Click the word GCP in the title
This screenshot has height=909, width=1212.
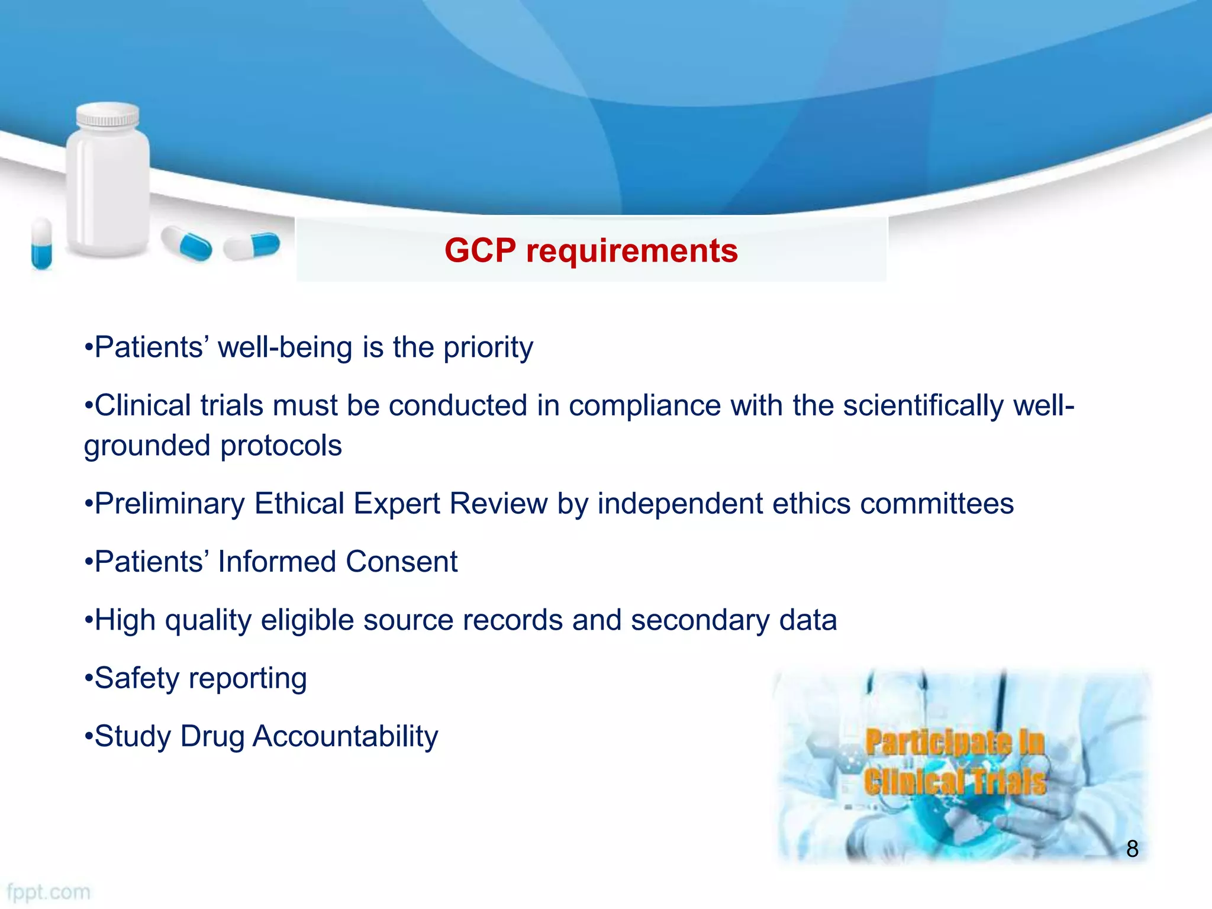point(480,250)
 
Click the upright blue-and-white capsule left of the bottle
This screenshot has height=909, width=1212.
point(41,243)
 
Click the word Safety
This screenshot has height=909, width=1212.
point(137,679)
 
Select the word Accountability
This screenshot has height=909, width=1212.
point(345,737)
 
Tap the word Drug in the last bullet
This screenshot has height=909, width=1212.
point(212,737)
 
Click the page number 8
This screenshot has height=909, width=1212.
point(1132,849)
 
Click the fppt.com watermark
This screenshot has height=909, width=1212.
point(49,892)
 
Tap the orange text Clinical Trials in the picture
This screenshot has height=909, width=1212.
point(954,781)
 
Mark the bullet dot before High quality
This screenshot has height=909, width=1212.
point(89,621)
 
